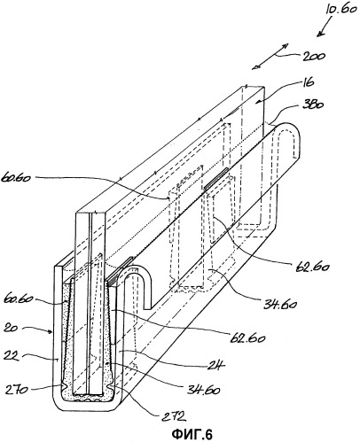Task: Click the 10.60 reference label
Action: (x=341, y=10)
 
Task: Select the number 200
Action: (x=313, y=56)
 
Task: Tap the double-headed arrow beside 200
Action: (x=270, y=57)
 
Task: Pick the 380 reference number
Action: (x=313, y=105)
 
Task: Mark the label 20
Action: (x=11, y=328)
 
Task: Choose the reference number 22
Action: (x=12, y=355)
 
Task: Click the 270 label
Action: (x=16, y=390)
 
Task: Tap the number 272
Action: (x=174, y=416)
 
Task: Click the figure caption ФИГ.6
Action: (x=192, y=434)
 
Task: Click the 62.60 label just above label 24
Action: (x=247, y=338)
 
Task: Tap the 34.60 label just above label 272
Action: (x=204, y=390)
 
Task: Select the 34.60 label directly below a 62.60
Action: (x=280, y=304)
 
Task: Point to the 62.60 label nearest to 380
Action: (x=313, y=268)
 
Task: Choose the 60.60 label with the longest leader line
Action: (x=16, y=178)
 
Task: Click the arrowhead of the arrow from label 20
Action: (x=52, y=333)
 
